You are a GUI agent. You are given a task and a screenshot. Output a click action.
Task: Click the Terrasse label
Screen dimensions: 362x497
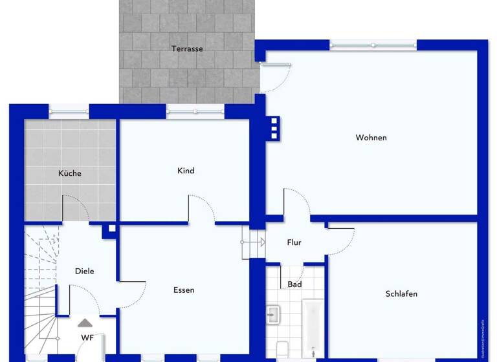tap(187, 48)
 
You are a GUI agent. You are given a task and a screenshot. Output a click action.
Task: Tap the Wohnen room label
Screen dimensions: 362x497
tap(371, 138)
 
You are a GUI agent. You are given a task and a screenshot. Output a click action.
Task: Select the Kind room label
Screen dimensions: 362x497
tap(186, 171)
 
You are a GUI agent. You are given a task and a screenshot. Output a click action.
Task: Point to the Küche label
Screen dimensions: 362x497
tap(70, 173)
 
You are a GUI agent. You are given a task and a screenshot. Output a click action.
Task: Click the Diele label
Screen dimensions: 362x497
tap(84, 271)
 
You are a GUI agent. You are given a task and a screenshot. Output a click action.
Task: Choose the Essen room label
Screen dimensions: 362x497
tap(184, 290)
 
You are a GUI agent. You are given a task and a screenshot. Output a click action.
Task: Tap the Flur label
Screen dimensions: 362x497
tap(294, 242)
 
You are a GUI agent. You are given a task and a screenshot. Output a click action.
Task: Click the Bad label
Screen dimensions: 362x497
tap(294, 284)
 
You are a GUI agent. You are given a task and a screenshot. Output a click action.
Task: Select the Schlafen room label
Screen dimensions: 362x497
tap(401, 293)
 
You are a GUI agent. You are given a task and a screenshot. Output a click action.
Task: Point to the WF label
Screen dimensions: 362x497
tap(87, 337)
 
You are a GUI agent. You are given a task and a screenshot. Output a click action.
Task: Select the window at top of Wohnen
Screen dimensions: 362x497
tap(373, 45)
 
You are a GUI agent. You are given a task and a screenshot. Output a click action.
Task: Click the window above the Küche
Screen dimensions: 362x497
tap(69, 110)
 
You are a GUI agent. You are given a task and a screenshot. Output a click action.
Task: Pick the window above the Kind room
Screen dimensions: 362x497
tap(195, 110)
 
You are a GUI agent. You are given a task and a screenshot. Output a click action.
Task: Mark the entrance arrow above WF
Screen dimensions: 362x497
tap(85, 323)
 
